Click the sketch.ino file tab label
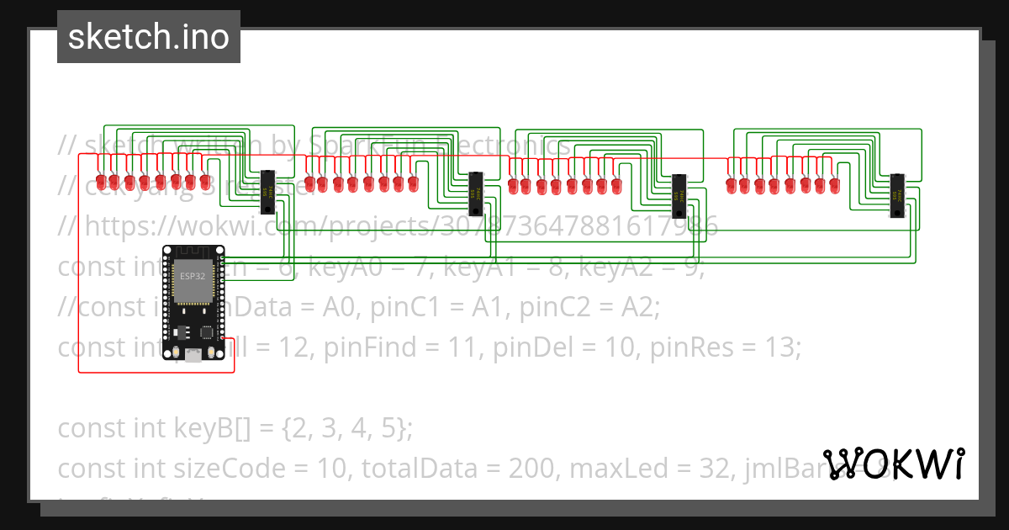pyautogui.click(x=148, y=37)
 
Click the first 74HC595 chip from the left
pyautogui.click(x=267, y=192)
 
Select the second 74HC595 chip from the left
pyautogui.click(x=476, y=193)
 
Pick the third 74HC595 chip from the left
pyautogui.click(x=679, y=196)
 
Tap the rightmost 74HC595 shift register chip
pyautogui.click(x=898, y=195)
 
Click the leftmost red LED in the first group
pyautogui.click(x=100, y=182)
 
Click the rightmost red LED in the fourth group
pyautogui.click(x=833, y=184)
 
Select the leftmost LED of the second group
pyautogui.click(x=309, y=183)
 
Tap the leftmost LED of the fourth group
pyautogui.click(x=731, y=184)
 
